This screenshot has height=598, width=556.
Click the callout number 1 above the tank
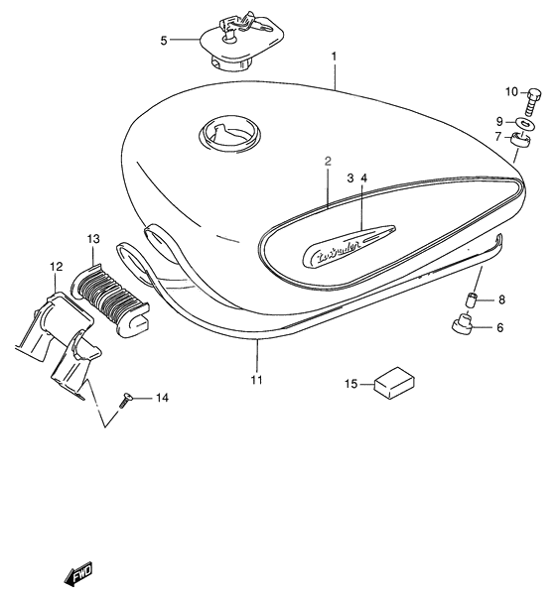335,57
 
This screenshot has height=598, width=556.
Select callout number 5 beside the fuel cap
164,41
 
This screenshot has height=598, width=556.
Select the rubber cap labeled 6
462,326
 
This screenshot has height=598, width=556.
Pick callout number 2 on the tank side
327,159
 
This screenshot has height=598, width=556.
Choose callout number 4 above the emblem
363,178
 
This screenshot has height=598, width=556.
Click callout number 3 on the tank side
349,178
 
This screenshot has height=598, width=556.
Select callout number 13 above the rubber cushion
93,240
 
